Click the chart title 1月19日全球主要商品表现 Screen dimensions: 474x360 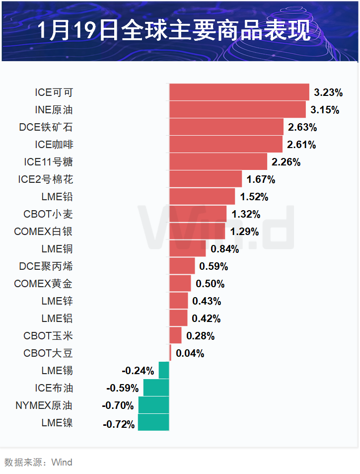(x=174, y=31)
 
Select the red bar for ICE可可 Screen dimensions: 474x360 (x=239, y=92)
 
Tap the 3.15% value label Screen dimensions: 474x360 (x=325, y=110)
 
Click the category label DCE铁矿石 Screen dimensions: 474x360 (x=46, y=127)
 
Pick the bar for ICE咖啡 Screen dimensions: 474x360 (x=226, y=145)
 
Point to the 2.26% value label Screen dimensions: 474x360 (x=286, y=162)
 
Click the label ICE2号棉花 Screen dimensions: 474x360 (x=49, y=179)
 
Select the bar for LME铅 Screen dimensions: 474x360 (x=202, y=197)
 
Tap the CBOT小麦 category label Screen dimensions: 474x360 (x=48, y=214)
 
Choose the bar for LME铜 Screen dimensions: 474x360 (x=188, y=249)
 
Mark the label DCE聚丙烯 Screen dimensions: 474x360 (x=46, y=266)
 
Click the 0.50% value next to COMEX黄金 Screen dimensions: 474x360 (x=210, y=284)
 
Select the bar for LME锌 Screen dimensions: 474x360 (x=179, y=301)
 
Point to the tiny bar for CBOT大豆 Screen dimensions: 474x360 (x=170, y=353)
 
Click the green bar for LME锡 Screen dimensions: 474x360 (x=164, y=371)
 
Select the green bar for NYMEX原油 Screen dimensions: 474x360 (x=153, y=405)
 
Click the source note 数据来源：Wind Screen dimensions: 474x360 (x=38, y=463)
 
